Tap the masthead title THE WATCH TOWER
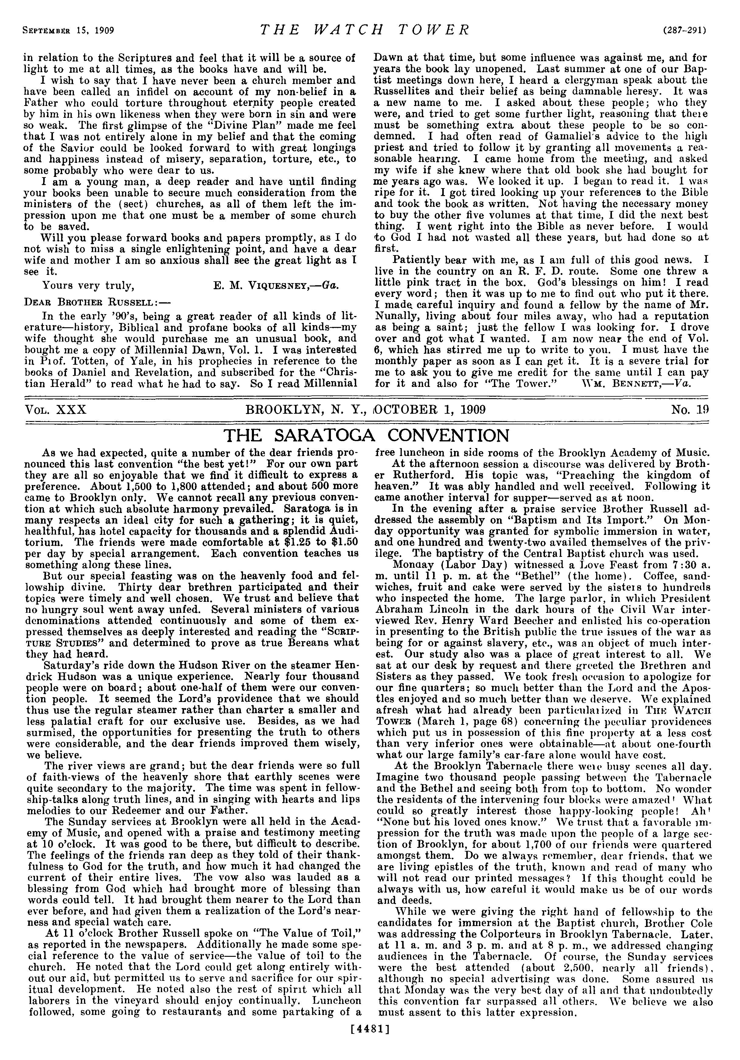click(364, 30)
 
